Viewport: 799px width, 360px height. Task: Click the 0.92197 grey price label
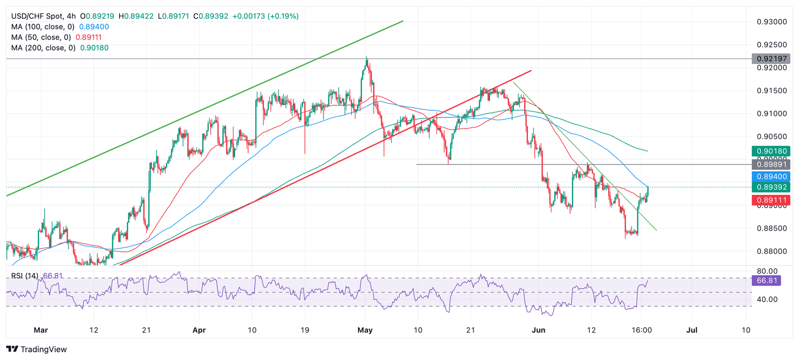[771, 58]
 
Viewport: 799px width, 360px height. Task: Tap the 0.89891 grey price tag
[771, 164]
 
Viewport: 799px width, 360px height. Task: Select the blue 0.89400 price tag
[771, 177]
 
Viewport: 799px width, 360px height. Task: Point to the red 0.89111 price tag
[771, 200]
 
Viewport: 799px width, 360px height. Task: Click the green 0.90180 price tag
[771, 152]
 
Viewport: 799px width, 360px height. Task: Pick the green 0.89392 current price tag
[771, 187]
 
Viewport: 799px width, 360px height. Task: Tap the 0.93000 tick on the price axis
[770, 22]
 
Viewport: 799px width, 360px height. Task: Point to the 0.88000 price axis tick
[770, 251]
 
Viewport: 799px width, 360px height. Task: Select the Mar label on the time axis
[40, 330]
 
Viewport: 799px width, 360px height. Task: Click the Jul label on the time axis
[692, 330]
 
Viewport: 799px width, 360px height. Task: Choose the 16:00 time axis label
[641, 330]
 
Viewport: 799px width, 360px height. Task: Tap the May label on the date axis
[366, 330]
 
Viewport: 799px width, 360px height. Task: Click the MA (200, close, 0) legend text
[43, 48]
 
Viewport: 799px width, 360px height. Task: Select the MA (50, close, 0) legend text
[41, 37]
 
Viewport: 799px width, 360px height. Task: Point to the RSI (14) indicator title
[24, 276]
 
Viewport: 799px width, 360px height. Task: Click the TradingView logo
[36, 350]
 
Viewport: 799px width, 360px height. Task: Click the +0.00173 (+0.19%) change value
[265, 16]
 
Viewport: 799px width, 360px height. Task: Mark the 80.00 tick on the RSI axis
[767, 271]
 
